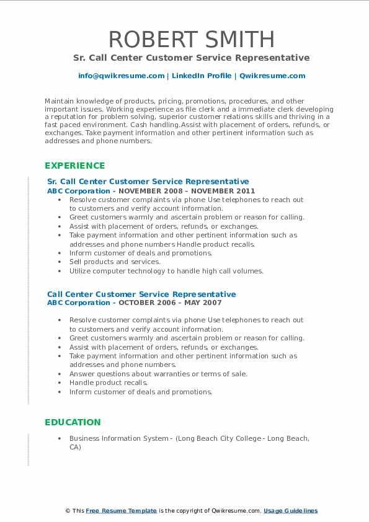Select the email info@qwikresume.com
pyautogui.click(x=122, y=76)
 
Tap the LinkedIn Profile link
pyautogui.click(x=193, y=76)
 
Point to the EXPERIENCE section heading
pyautogui.click(x=74, y=166)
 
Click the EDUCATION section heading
pyautogui.click(x=73, y=422)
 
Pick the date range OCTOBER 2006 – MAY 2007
pyautogui.click(x=169, y=303)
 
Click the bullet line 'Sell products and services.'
pyautogui.click(x=115, y=262)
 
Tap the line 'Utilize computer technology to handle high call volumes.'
pyautogui.click(x=166, y=271)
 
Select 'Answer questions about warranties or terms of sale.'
pyautogui.click(x=158, y=374)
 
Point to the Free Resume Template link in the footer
pyautogui.click(x=122, y=511)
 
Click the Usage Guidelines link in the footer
pyautogui.click(x=290, y=511)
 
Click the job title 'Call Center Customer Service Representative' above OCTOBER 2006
pyautogui.click(x=141, y=294)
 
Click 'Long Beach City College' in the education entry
pyautogui.click(x=218, y=438)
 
